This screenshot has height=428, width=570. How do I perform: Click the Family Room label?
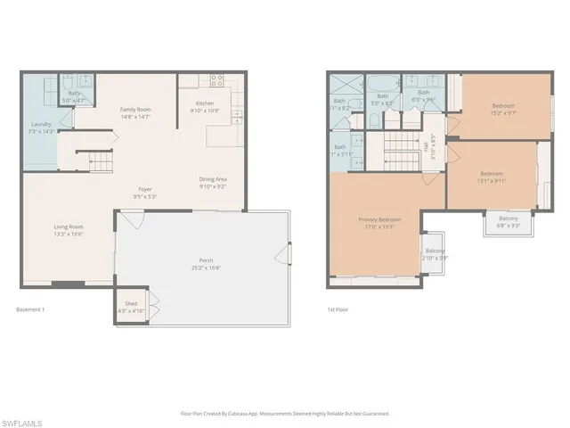(x=136, y=109)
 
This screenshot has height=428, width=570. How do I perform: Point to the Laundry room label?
(x=40, y=124)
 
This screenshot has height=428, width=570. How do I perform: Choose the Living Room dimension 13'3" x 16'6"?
(x=68, y=234)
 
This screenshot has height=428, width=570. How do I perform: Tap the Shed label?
(x=131, y=304)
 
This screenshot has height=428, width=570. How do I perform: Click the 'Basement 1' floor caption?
(x=30, y=309)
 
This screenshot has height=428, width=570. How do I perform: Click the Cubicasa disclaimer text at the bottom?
(x=284, y=414)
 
